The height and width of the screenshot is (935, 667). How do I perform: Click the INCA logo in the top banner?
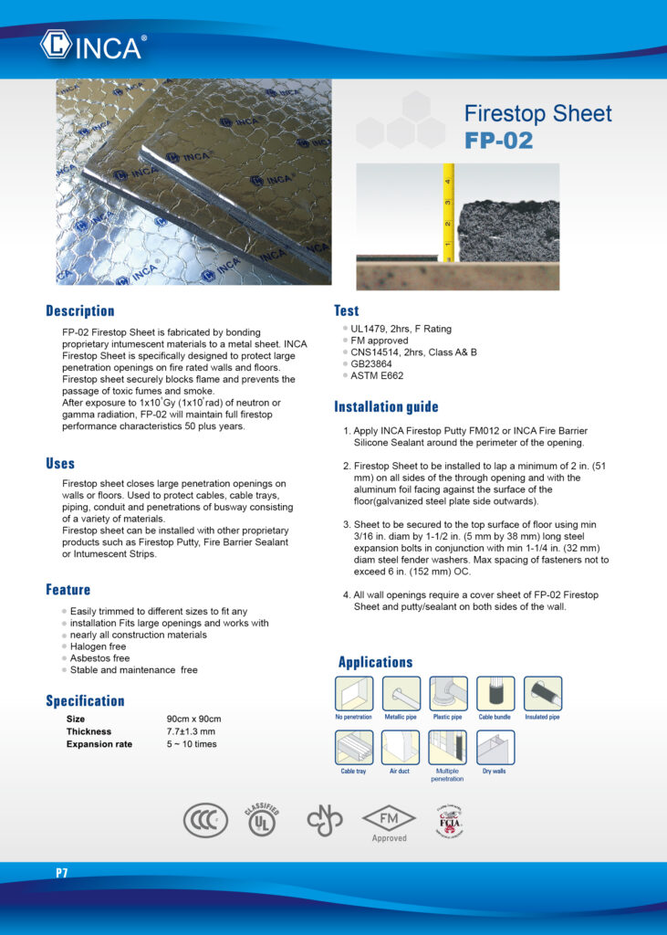click(x=92, y=45)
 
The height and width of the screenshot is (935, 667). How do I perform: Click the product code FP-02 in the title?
click(x=498, y=142)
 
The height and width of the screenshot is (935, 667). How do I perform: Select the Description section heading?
click(x=80, y=310)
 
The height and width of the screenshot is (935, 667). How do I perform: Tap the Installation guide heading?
click(x=386, y=406)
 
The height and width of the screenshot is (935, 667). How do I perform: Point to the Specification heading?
click(x=85, y=701)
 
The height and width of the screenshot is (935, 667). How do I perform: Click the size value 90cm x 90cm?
click(x=193, y=720)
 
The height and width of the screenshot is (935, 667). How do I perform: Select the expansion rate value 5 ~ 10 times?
click(x=192, y=744)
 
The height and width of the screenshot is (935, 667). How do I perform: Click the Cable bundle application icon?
click(x=495, y=694)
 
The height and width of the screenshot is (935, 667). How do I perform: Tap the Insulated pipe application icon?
click(x=542, y=694)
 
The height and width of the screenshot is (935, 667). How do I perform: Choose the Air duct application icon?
click(x=401, y=747)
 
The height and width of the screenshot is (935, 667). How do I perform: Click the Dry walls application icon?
click(x=495, y=747)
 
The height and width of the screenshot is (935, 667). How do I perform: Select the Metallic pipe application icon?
click(x=401, y=694)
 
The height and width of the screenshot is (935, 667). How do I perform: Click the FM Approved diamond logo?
click(x=389, y=819)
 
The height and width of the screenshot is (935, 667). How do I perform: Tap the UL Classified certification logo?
click(x=262, y=820)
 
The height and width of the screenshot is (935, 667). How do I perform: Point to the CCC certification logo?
click(x=205, y=820)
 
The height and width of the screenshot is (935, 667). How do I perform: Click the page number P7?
click(x=61, y=873)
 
